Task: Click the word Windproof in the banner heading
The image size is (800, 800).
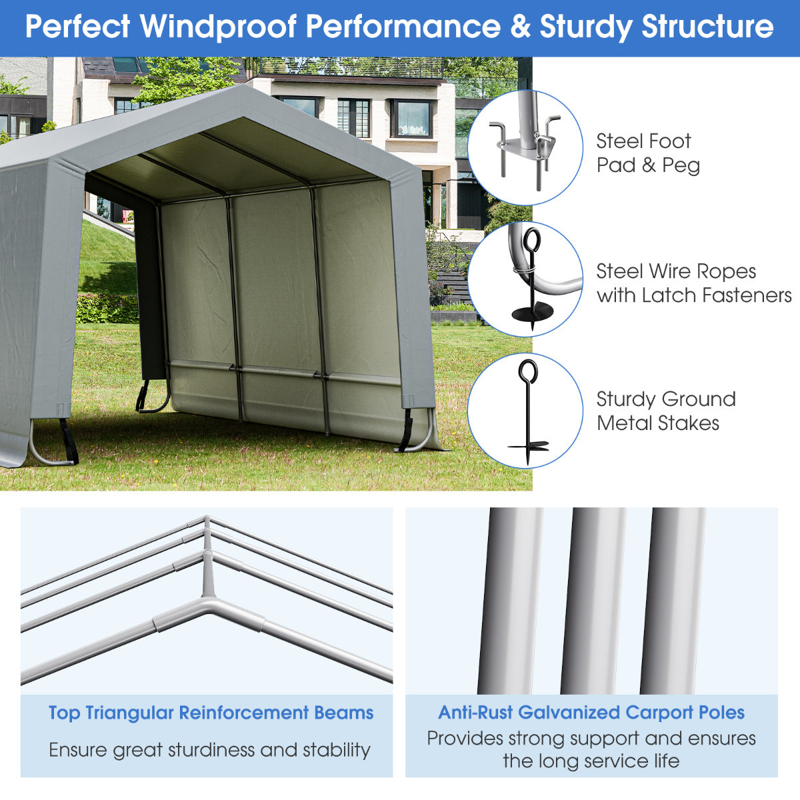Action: pyautogui.click(x=218, y=27)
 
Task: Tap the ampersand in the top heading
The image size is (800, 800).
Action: pyautogui.click(x=519, y=27)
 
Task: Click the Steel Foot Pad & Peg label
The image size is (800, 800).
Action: pyautogui.click(x=647, y=153)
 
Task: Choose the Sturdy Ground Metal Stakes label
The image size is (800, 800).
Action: pyautogui.click(x=665, y=411)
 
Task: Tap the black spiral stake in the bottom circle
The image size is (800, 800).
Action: pyautogui.click(x=528, y=413)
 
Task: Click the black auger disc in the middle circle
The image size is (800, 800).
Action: pyautogui.click(x=532, y=311)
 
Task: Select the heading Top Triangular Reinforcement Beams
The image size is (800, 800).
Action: pyautogui.click(x=211, y=713)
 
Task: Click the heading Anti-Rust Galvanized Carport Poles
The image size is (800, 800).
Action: pyautogui.click(x=591, y=713)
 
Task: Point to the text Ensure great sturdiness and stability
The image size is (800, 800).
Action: pyautogui.click(x=209, y=750)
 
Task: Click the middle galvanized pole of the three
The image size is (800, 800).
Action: pyautogui.click(x=593, y=600)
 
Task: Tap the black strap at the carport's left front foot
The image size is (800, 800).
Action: pyautogui.click(x=68, y=441)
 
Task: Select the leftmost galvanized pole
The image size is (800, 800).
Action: pyautogui.click(x=510, y=600)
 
